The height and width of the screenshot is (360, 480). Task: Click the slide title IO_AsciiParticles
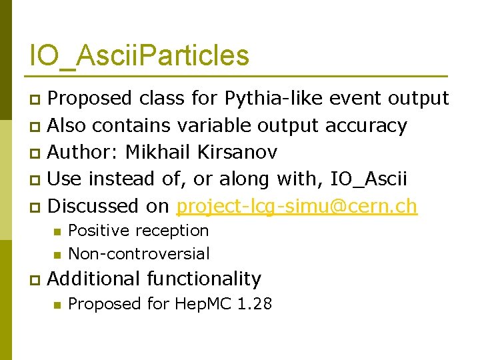(x=139, y=55)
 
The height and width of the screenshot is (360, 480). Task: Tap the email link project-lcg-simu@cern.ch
(x=297, y=206)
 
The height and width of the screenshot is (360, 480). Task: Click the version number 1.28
(x=255, y=304)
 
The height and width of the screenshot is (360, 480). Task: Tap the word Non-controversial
(x=139, y=254)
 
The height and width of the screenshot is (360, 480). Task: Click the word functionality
(x=204, y=279)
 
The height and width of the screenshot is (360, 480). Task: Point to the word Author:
(x=84, y=152)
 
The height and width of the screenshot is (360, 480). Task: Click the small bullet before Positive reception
(x=57, y=231)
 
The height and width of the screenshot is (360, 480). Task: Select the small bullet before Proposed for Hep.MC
(x=57, y=305)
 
